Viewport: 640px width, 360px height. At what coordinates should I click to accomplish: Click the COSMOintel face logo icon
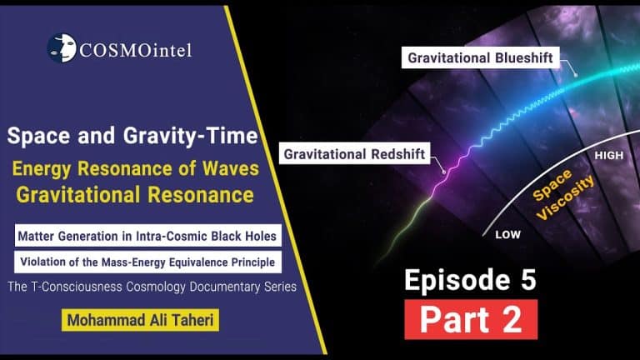[62, 47]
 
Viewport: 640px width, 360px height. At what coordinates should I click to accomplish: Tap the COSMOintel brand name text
[135, 51]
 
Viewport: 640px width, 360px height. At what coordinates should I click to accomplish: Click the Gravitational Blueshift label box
[480, 57]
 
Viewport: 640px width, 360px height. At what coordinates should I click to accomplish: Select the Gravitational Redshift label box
[354, 153]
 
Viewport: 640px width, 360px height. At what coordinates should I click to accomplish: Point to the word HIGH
[609, 155]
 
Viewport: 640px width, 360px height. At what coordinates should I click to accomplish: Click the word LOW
[507, 235]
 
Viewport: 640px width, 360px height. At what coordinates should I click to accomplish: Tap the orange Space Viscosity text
[562, 194]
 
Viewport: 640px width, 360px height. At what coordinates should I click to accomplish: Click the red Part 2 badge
[471, 319]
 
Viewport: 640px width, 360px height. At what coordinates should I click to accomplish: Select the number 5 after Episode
[528, 280]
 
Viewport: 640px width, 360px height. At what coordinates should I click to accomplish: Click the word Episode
[457, 280]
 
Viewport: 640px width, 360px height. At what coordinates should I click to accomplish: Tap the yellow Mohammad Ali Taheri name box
[140, 320]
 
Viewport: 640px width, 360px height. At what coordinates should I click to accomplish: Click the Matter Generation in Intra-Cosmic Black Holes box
[147, 236]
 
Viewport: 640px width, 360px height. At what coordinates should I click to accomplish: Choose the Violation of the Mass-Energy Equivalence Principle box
[147, 262]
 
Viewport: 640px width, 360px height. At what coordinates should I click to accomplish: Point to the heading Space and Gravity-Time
[132, 136]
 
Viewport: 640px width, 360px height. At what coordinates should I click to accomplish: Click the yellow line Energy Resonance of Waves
[136, 168]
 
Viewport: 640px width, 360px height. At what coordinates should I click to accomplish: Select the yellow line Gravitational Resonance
[135, 195]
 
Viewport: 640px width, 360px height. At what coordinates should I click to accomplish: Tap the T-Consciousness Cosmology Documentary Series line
[152, 287]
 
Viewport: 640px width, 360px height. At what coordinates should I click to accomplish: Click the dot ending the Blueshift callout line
[576, 75]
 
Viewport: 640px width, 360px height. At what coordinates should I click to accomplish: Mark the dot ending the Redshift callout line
[444, 172]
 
